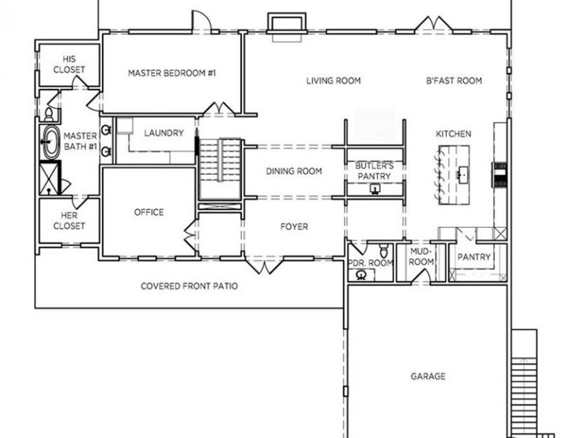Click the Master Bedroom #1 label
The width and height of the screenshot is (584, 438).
(x=172, y=73)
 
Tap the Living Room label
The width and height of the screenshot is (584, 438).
(x=334, y=81)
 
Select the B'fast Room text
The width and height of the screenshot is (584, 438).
(x=454, y=81)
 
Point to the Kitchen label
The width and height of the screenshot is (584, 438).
(x=454, y=134)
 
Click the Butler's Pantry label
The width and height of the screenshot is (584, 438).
(x=374, y=171)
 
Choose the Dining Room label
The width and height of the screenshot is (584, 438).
(x=294, y=171)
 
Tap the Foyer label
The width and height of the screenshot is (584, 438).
(x=294, y=226)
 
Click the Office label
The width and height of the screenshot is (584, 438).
(x=149, y=212)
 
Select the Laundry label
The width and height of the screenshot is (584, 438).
(x=164, y=133)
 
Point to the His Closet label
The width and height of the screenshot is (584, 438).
(x=69, y=64)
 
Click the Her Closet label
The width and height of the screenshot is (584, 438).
(x=69, y=221)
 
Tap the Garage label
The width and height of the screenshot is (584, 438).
(x=428, y=376)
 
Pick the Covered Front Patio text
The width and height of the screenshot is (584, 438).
(x=189, y=286)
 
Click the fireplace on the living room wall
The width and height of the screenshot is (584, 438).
(x=287, y=27)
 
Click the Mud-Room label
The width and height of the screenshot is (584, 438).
(x=421, y=256)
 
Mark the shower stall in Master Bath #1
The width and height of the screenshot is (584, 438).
(x=50, y=178)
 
